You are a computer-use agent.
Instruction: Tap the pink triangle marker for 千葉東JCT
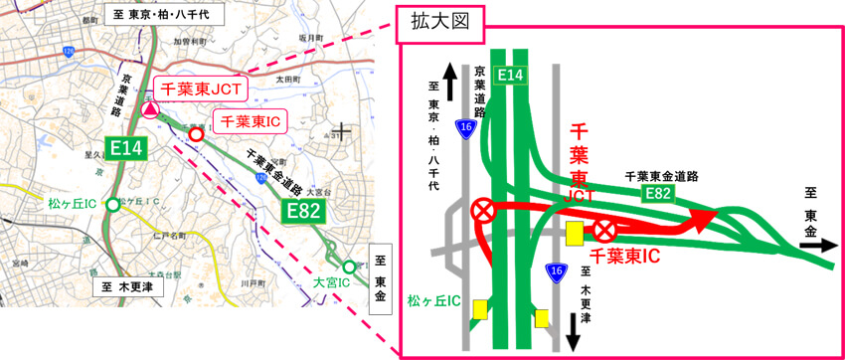[149, 109]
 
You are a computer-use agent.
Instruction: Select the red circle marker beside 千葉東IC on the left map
[197, 134]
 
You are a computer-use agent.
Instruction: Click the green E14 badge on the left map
[128, 148]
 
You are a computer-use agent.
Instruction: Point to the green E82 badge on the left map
[303, 211]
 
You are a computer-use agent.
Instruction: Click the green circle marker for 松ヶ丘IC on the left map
[114, 205]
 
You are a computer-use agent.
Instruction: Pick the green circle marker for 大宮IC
[348, 267]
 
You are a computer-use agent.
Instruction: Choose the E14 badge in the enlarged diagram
[511, 74]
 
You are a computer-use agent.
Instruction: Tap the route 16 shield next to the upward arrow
[464, 126]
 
